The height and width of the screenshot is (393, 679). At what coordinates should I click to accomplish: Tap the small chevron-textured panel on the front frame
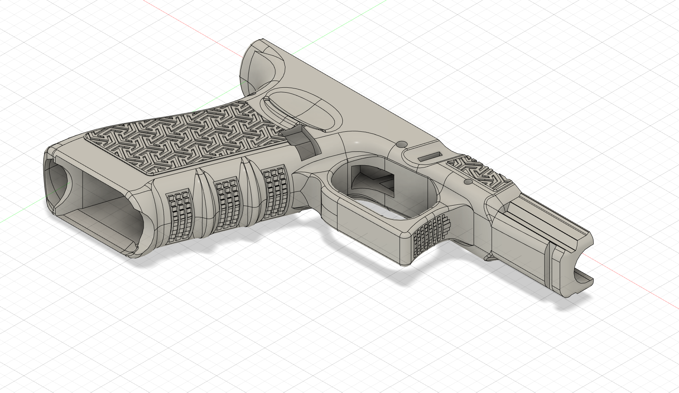point(473,171)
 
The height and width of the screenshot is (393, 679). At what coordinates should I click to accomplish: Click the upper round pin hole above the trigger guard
point(402,144)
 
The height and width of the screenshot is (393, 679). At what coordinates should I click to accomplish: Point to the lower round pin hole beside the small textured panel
point(468,182)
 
